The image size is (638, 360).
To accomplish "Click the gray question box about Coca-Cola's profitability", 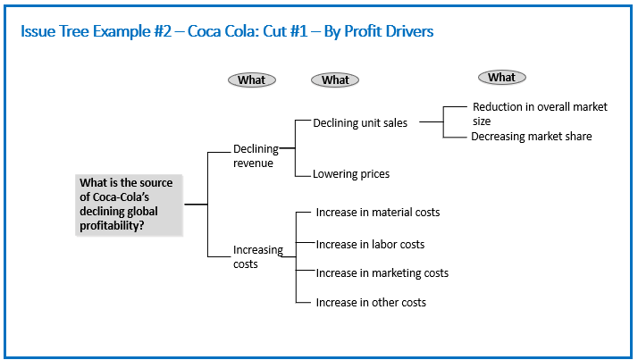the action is point(129,205).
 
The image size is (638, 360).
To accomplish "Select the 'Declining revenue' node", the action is point(256,155).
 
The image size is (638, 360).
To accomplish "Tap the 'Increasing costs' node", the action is point(257,256).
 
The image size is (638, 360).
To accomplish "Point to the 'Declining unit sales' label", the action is point(360,123).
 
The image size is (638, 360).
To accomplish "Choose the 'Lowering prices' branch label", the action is point(351,174).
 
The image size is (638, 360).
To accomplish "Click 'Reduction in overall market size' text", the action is point(540,114).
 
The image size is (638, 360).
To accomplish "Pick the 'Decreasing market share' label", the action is point(531,137).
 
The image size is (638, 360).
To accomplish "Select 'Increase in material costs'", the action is point(378,213).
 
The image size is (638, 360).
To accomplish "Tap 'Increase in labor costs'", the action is point(370,245).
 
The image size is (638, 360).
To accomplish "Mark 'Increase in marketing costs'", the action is point(382,273).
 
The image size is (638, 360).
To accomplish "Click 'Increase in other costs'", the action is point(371,303).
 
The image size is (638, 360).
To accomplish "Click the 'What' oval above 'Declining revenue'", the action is point(252,80).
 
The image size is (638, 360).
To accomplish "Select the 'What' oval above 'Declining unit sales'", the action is point(335,80).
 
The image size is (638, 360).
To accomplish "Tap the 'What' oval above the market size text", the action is point(501,78).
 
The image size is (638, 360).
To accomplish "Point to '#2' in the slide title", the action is point(163,31).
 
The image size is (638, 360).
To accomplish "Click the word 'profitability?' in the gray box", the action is point(112,226).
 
